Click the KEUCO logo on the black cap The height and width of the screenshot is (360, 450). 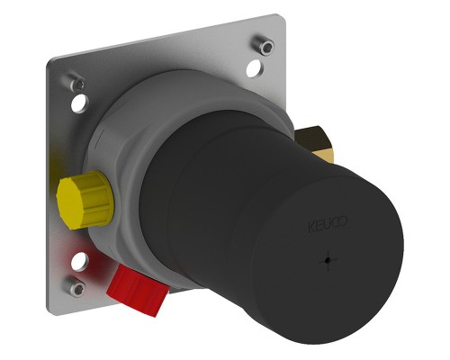click(328, 224)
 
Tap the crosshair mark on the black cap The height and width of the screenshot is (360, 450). click(328, 260)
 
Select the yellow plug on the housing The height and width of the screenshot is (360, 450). click(85, 200)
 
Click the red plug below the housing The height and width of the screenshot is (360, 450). click(138, 290)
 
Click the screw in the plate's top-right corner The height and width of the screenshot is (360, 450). click(263, 45)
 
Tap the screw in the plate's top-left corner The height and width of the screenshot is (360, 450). click(76, 83)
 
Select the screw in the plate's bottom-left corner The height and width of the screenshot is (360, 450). click(76, 286)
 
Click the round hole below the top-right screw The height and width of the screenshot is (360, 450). click(255, 68)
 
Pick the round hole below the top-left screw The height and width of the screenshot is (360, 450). click(80, 103)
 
